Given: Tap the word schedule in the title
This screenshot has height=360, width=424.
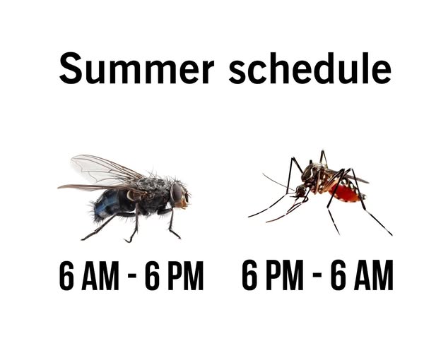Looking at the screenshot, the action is point(310,68).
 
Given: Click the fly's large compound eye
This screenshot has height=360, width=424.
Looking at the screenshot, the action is point(177,192).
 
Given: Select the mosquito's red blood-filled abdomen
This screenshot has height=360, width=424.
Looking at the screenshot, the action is point(345,193).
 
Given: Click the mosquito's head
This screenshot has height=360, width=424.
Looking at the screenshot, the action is point(301,191).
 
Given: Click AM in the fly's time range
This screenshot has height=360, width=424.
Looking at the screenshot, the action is point(100,275).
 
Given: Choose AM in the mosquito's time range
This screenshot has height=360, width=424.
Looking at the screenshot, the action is point(374,275).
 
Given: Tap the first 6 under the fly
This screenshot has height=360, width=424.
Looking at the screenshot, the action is point(66,275).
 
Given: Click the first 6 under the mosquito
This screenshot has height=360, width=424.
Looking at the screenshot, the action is point(249,275).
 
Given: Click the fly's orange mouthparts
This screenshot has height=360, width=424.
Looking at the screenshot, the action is point(182,203).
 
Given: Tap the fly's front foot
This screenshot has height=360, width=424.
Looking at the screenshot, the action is point(175,234).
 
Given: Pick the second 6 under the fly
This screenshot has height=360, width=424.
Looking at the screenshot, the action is point(153,275).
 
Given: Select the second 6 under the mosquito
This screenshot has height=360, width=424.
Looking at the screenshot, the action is point(338,275).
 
